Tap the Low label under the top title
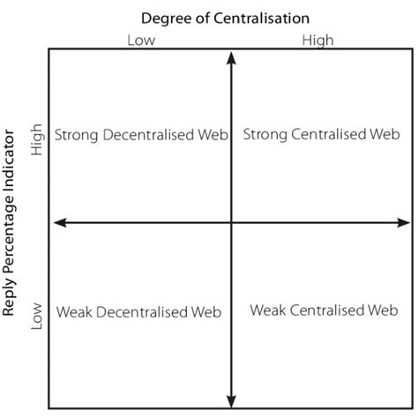click(x=141, y=40)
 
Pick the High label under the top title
click(x=317, y=40)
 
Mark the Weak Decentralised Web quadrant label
click(x=137, y=311)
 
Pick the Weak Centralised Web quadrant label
click(x=324, y=310)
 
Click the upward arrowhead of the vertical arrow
click(x=231, y=58)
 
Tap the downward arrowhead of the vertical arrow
click(x=231, y=398)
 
